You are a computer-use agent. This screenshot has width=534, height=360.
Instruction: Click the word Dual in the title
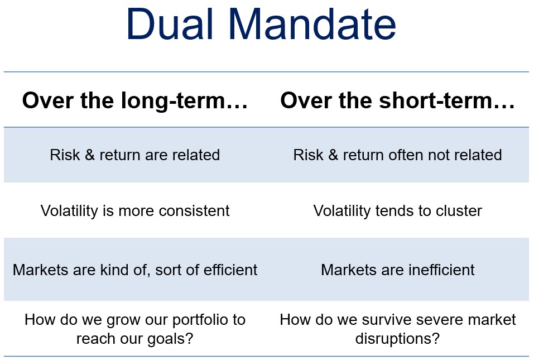click(x=170, y=24)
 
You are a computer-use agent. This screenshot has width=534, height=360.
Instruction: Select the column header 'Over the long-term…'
click(x=135, y=101)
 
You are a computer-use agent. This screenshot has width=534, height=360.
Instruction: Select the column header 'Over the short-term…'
click(x=397, y=101)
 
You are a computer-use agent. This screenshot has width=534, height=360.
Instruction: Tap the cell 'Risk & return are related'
click(x=135, y=155)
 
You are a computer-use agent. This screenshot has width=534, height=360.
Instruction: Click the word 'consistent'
click(x=194, y=211)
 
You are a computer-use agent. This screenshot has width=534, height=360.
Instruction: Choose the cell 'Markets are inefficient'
click(x=397, y=270)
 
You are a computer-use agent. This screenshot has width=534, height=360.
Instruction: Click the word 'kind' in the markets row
click(x=114, y=270)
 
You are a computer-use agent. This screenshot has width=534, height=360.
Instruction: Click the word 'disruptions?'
click(x=397, y=339)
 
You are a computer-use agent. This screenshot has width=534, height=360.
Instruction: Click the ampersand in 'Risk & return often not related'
click(x=333, y=155)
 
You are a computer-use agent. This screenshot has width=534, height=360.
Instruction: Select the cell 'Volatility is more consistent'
click(x=135, y=211)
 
